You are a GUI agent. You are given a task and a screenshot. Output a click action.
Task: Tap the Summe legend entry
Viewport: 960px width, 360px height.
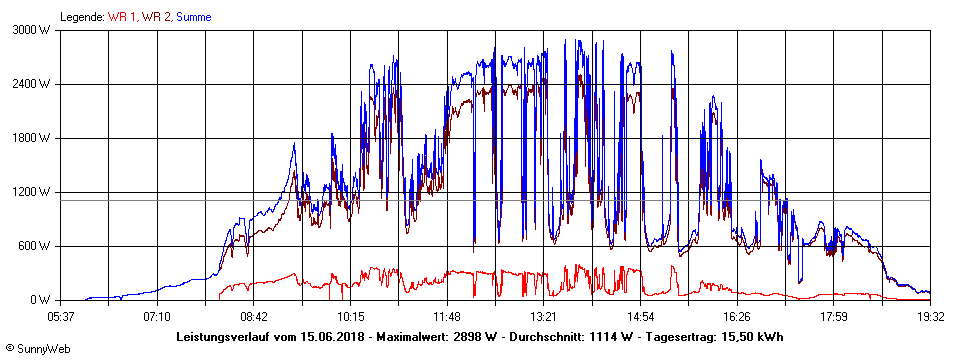coord(194,17)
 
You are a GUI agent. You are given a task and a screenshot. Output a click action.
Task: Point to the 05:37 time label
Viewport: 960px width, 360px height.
coord(61,316)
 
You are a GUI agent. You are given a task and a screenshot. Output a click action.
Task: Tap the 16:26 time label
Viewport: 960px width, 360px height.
coord(737,316)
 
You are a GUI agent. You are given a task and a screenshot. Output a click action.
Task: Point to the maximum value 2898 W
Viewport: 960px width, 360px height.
coord(471,336)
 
